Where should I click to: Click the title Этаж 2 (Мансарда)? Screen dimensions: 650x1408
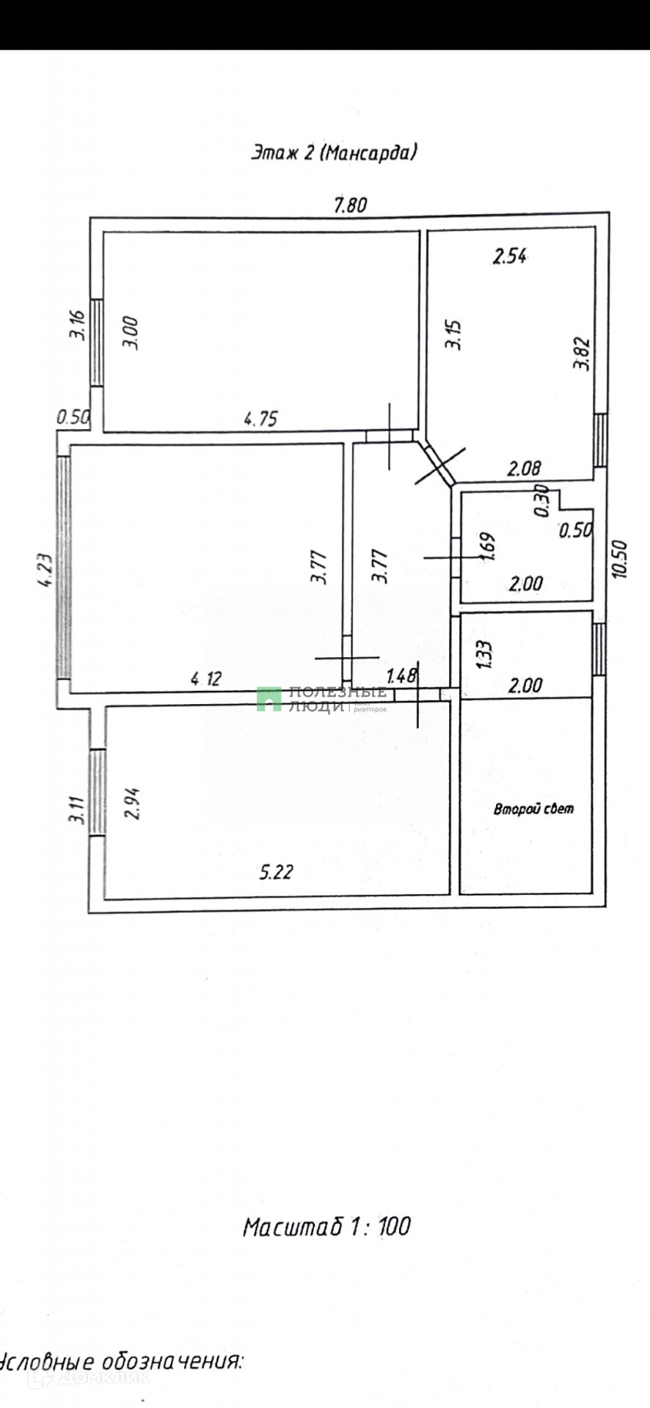click(335, 153)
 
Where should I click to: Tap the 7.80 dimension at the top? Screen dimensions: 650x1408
click(350, 205)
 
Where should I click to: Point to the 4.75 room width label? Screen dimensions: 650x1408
click(260, 419)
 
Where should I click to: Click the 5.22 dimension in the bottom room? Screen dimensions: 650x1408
click(277, 872)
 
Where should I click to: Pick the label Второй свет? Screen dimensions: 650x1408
click(533, 810)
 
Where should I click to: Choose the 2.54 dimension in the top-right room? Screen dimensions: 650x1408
click(510, 257)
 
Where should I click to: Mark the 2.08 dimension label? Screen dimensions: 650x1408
click(524, 467)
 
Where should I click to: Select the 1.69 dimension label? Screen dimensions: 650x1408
click(489, 546)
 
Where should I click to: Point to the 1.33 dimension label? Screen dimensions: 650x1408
click(484, 655)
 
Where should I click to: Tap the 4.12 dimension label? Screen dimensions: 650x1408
click(206, 679)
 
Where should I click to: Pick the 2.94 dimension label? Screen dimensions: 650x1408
click(132, 803)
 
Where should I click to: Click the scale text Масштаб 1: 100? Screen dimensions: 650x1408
click(326, 1226)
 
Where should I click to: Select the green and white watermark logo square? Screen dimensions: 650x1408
click(269, 699)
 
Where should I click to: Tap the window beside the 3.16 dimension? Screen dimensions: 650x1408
click(96, 342)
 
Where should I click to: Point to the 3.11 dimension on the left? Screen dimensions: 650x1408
click(76, 810)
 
